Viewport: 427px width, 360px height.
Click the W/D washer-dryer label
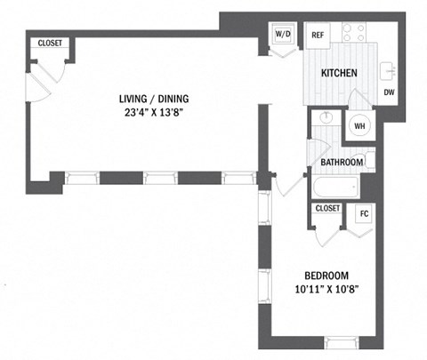[x=283, y=34]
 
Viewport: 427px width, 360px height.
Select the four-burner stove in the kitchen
[x=355, y=34]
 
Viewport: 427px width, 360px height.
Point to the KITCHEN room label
[x=339, y=73]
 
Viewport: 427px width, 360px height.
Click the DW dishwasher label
[x=389, y=92]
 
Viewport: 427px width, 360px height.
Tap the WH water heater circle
[x=360, y=125]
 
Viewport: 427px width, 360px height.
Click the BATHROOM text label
[x=342, y=163]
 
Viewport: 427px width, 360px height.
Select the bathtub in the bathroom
[x=334, y=188]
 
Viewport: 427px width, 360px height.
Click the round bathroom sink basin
[x=324, y=118]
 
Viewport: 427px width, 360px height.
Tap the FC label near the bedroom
[x=363, y=214]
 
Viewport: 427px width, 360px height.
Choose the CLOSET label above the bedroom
[x=327, y=208]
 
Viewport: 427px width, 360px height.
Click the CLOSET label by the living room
[x=49, y=44]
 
